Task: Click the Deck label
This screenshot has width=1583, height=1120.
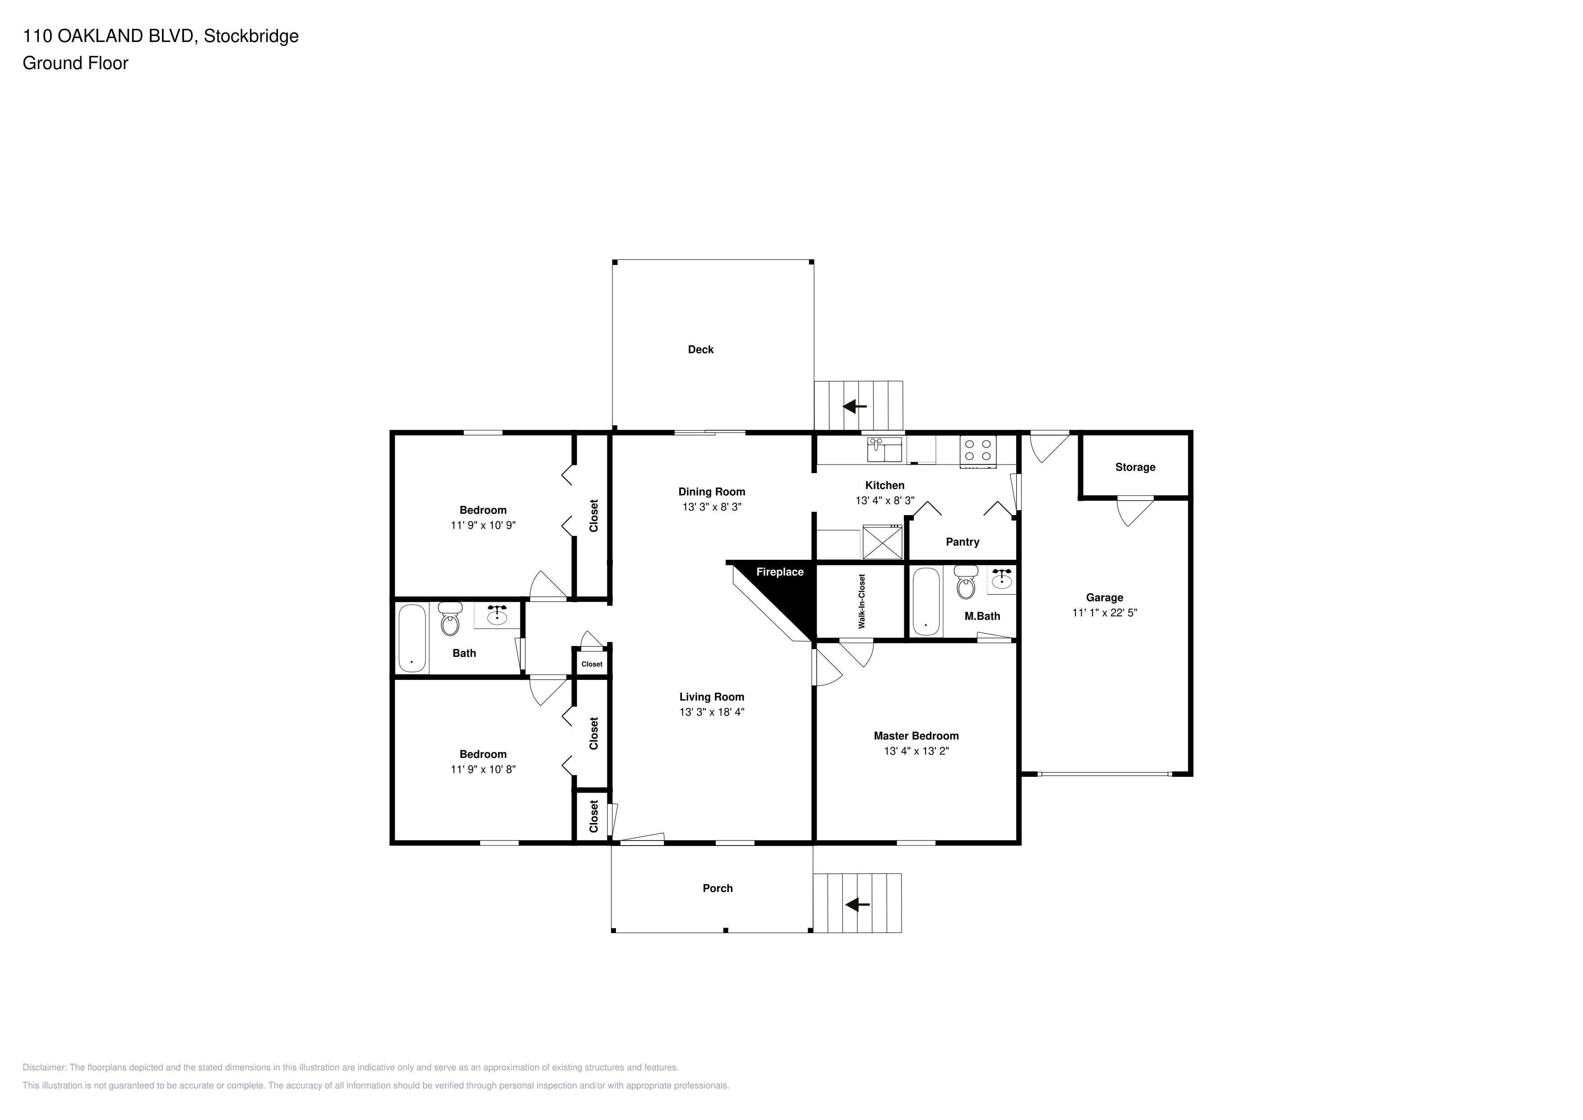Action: (x=700, y=350)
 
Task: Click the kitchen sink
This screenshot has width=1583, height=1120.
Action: (x=884, y=450)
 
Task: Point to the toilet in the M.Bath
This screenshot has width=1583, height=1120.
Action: (x=966, y=583)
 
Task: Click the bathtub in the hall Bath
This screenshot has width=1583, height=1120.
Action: (x=412, y=638)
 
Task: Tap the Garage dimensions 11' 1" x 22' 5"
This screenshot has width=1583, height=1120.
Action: (x=1105, y=613)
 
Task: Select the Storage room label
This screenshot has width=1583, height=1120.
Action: (x=1135, y=467)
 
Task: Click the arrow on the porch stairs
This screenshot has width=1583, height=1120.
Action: (x=858, y=904)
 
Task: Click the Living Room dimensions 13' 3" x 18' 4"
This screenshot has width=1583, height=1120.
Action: (x=712, y=712)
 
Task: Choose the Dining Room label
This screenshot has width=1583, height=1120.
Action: (x=712, y=492)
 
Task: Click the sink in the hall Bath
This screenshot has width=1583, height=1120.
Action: (x=496, y=614)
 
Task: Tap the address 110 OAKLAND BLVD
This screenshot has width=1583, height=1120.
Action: (x=109, y=36)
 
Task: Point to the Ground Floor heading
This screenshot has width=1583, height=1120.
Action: (x=75, y=63)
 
